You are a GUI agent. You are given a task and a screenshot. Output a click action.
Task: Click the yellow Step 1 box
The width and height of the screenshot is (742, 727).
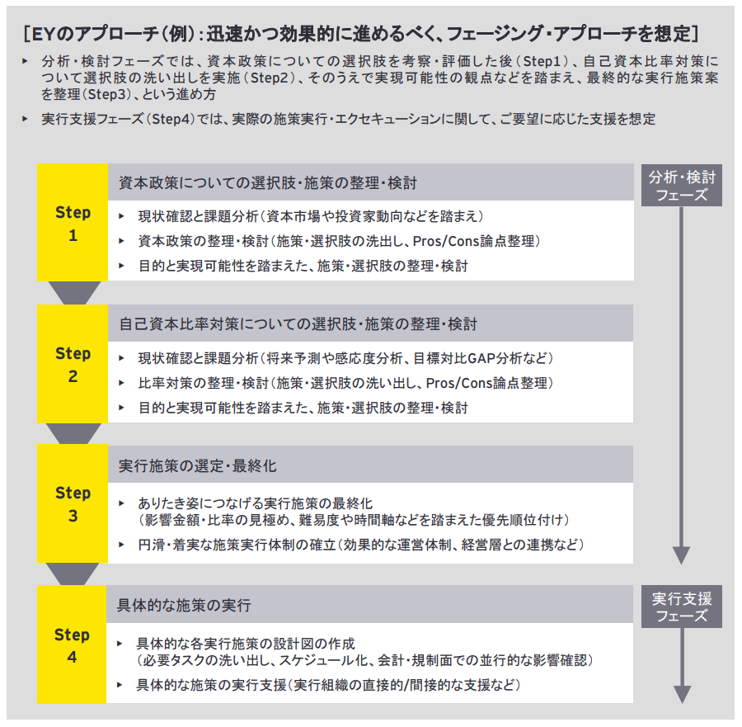click(x=73, y=223)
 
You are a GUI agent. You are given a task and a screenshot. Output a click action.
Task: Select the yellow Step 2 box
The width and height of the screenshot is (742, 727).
click(x=73, y=364)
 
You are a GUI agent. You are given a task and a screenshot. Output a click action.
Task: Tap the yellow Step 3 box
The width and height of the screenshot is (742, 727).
click(x=73, y=504)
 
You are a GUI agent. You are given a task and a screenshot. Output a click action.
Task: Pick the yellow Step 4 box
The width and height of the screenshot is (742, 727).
click(x=73, y=645)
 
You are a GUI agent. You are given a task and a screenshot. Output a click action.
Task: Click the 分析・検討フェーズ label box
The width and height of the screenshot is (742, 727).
click(x=682, y=186)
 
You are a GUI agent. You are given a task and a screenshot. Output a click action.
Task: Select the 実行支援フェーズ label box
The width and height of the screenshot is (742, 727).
click(x=682, y=607)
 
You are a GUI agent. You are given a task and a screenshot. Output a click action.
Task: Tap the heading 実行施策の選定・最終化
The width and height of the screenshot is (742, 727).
click(x=198, y=465)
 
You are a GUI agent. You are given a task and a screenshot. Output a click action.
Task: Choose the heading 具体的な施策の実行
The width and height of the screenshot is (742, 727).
click(x=185, y=606)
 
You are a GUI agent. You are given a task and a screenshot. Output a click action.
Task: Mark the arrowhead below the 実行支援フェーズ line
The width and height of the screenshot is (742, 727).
click(x=682, y=694)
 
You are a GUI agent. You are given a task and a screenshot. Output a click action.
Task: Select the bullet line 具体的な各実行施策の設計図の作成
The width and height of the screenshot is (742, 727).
click(x=247, y=644)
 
